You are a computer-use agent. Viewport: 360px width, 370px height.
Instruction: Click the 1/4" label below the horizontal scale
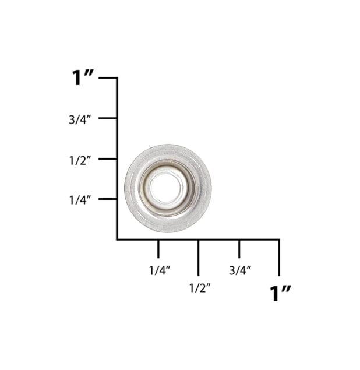click(159, 270)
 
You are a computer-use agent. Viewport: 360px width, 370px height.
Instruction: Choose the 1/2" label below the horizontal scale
click(199, 287)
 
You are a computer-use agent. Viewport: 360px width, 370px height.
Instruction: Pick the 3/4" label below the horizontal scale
click(239, 270)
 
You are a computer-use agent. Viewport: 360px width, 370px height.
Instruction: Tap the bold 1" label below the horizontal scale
click(280, 293)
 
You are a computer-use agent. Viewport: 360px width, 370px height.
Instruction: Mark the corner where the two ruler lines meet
click(117, 239)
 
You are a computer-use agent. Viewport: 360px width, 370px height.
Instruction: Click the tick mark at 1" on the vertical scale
click(108, 77)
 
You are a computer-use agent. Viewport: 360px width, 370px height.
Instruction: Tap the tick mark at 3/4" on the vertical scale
click(108, 118)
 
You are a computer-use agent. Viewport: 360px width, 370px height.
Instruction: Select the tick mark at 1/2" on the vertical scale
click(108, 158)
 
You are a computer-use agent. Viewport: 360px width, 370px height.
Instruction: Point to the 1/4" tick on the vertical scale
click(108, 199)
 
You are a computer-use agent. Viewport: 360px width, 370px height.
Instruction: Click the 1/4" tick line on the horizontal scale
click(158, 248)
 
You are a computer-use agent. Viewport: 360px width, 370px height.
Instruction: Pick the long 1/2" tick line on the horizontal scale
click(198, 257)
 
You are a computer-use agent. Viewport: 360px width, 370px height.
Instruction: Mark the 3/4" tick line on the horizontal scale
click(239, 248)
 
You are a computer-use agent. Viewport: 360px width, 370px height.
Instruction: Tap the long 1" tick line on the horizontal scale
click(279, 257)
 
